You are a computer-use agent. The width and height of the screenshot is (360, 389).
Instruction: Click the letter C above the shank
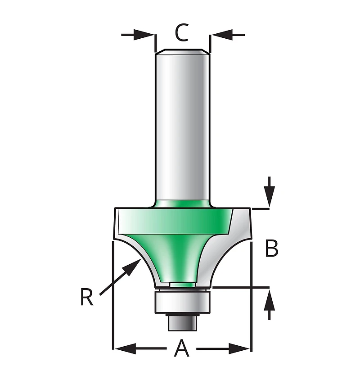(x=182, y=32)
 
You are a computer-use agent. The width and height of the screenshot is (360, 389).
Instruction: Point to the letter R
(x=86, y=298)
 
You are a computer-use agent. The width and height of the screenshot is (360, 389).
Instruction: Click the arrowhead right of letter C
(x=222, y=35)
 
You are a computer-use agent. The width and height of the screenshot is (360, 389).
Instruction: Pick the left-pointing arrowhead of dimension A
(x=126, y=349)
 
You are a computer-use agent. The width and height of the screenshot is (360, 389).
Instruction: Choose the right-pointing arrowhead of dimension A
(x=239, y=349)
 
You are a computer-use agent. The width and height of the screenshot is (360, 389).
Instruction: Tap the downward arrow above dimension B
(x=269, y=191)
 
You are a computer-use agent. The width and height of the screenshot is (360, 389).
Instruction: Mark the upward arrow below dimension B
(x=269, y=305)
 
